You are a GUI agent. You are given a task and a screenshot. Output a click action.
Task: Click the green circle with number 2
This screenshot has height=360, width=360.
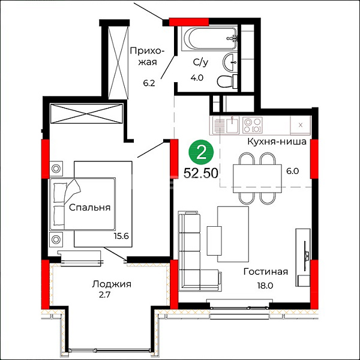click(201, 152)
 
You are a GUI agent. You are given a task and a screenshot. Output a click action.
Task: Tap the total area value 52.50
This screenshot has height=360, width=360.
click(201, 173)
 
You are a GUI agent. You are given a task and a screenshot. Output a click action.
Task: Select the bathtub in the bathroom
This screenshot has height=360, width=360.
click(209, 39)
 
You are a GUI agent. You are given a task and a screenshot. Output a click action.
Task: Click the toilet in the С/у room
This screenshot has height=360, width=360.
click(227, 82)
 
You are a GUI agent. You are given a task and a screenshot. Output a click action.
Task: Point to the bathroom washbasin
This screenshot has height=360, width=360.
click(230, 62)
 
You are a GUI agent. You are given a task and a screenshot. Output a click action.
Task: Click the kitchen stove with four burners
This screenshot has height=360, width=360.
click(253, 125)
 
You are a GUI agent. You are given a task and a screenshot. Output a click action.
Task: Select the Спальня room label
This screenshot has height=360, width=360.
click(90, 208)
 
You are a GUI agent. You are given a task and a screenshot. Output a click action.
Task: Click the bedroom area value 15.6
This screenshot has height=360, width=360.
click(121, 236)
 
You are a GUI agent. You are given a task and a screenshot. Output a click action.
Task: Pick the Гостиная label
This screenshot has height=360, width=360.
click(266, 272)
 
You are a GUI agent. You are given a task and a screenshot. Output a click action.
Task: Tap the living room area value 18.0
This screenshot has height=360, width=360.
click(265, 286)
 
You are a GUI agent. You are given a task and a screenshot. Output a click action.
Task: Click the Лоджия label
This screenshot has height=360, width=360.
click(112, 284)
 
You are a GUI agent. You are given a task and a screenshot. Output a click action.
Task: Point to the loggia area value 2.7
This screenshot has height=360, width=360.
click(104, 295)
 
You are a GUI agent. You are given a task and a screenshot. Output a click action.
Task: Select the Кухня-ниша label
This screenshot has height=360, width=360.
click(277, 142)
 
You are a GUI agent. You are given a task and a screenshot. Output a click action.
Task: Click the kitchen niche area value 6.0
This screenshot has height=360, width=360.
click(293, 171)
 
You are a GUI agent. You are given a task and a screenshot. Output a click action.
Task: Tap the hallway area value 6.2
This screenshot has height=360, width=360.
click(149, 83)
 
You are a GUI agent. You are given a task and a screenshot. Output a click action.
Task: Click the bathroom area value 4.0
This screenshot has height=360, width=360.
click(197, 78)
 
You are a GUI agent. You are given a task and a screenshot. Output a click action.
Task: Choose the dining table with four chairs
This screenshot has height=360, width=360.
click(257, 178)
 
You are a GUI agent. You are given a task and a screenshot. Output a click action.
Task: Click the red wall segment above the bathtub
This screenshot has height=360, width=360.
click(189, 22)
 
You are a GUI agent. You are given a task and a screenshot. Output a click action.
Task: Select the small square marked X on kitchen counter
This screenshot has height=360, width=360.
click(301, 125)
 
